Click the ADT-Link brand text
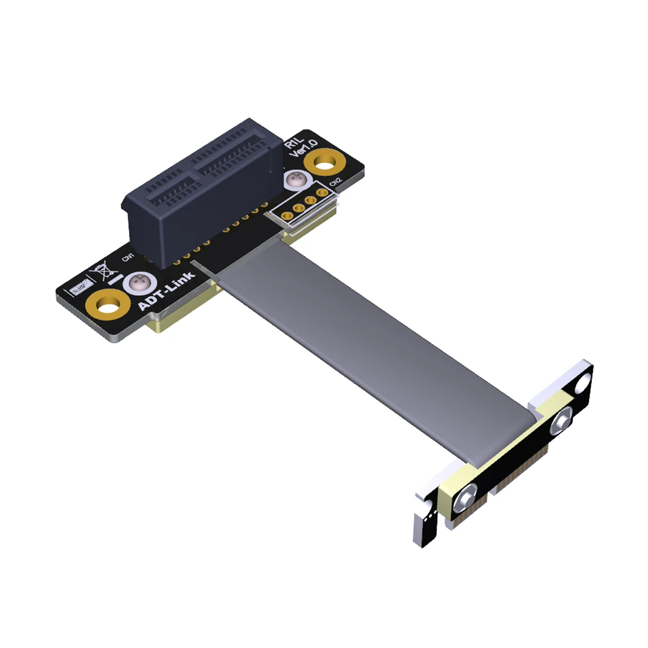(x=166, y=291)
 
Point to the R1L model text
(x=293, y=141)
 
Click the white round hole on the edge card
(x=583, y=384)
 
